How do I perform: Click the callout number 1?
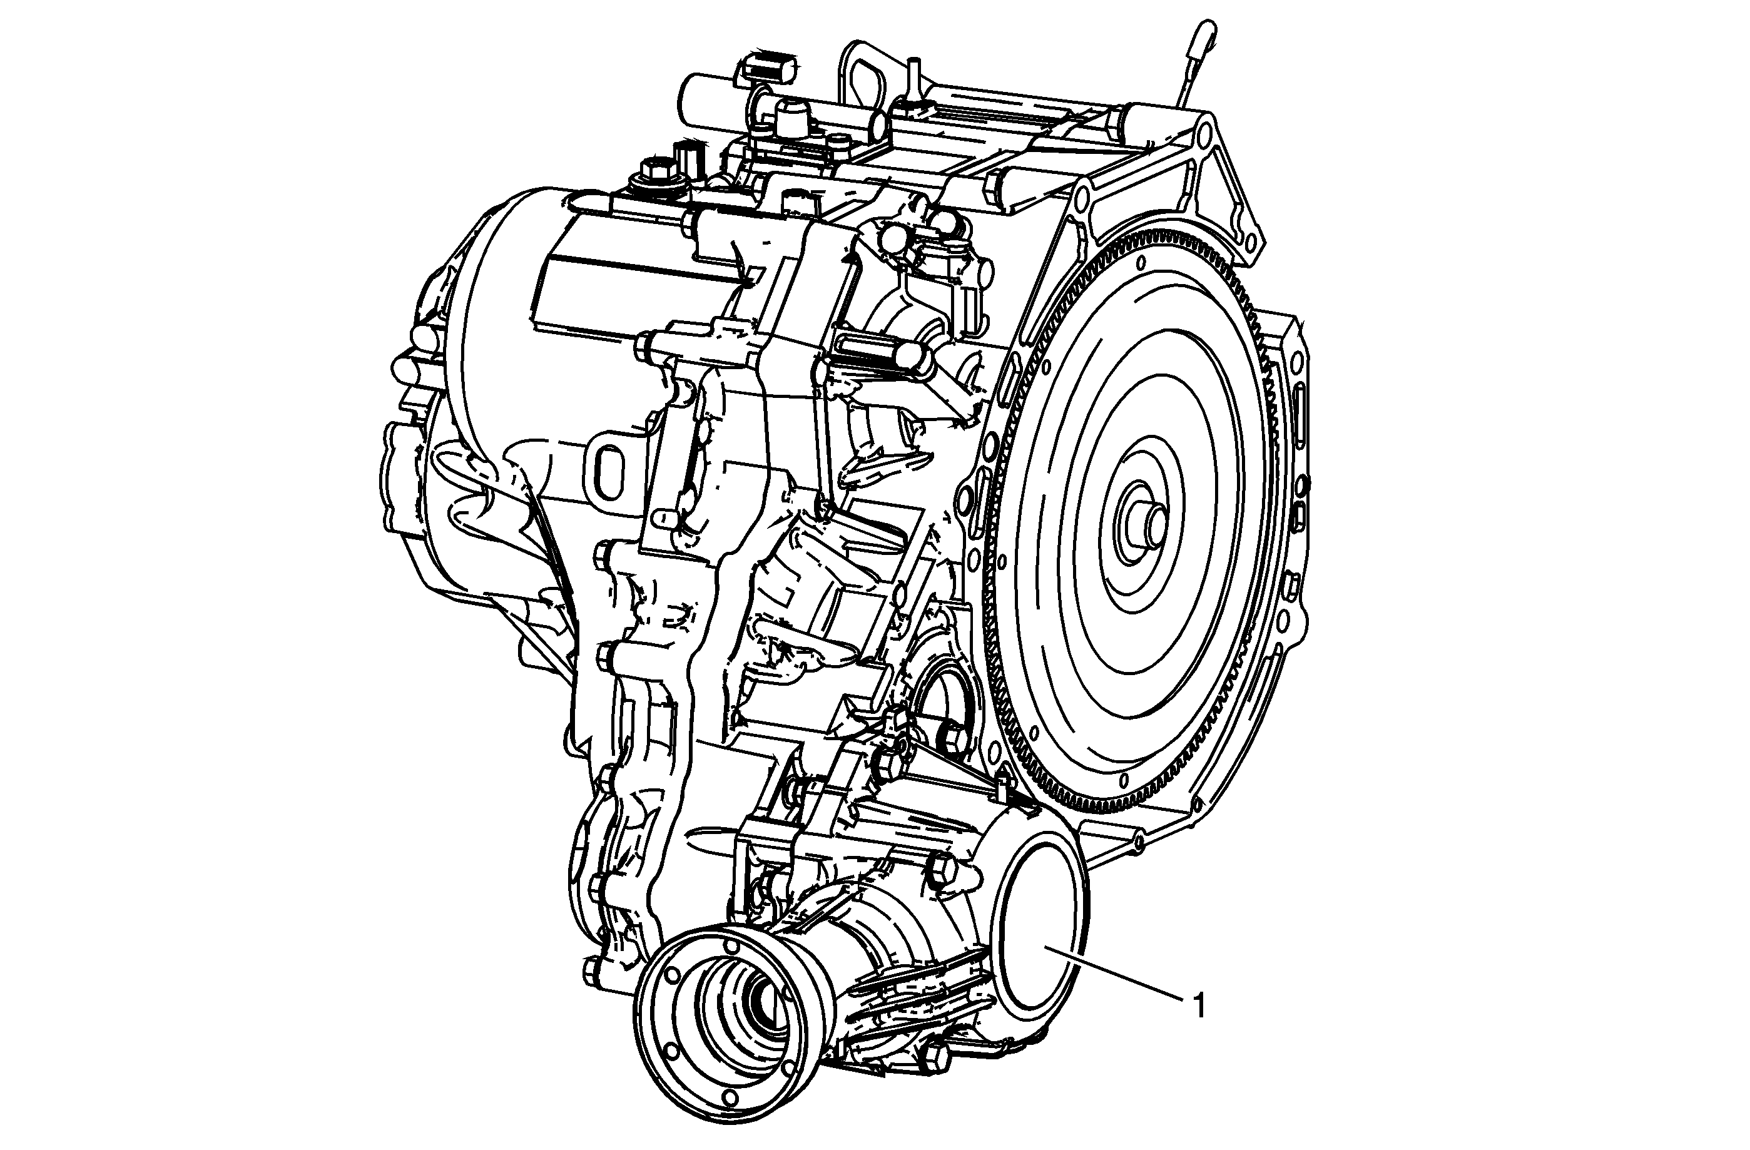point(1199,1006)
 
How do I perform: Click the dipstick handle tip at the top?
point(1207,33)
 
